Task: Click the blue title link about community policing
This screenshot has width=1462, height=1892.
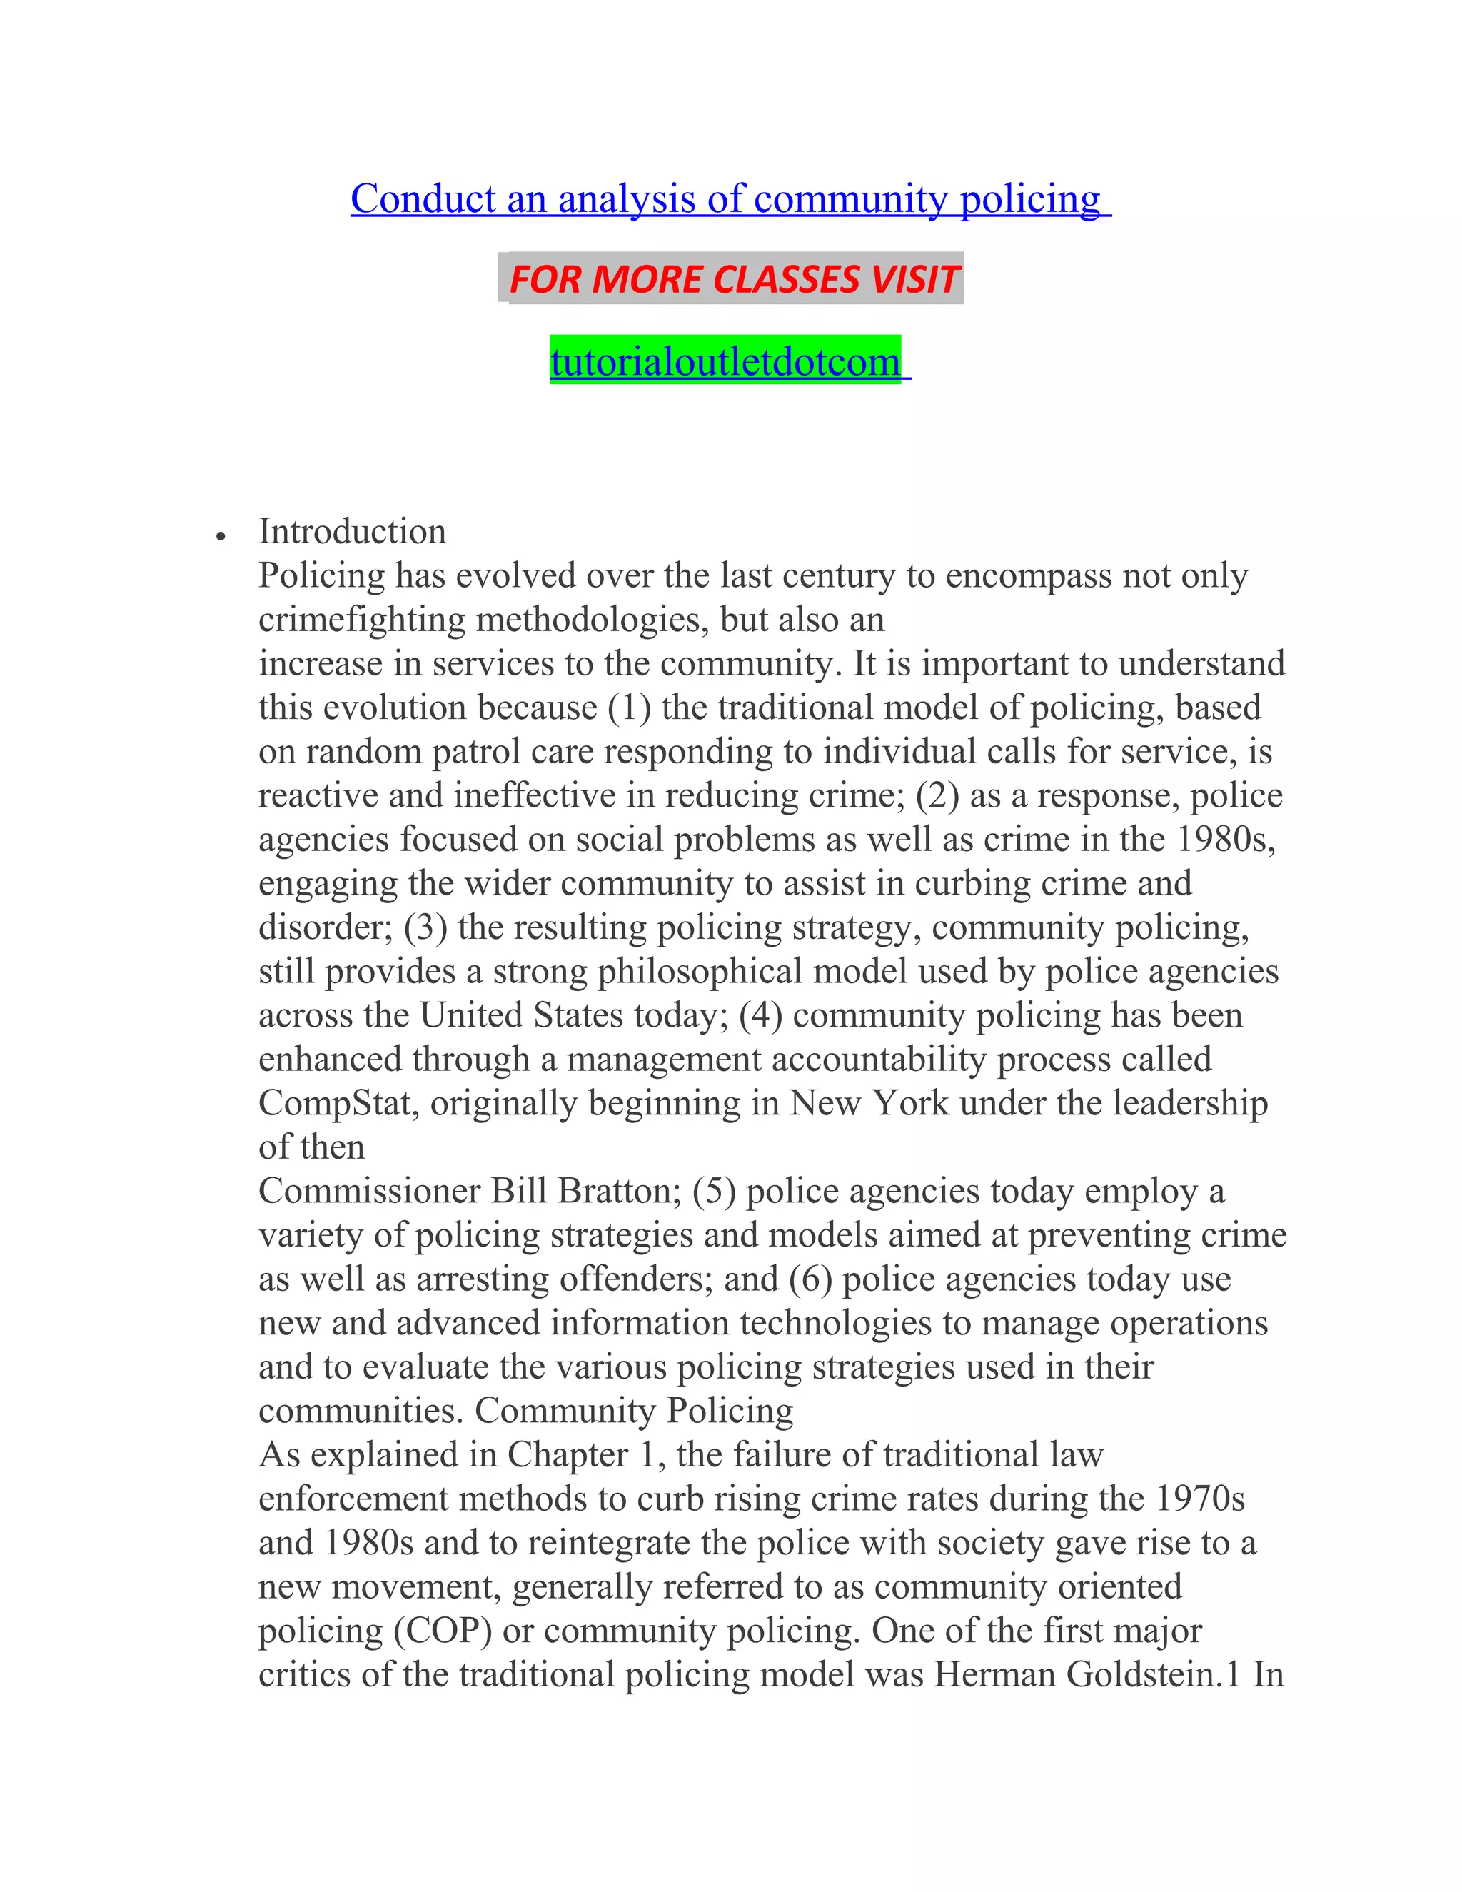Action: [x=730, y=199]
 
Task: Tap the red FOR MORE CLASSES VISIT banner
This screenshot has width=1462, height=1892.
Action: [x=732, y=279]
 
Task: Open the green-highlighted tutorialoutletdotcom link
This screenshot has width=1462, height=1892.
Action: [x=726, y=361]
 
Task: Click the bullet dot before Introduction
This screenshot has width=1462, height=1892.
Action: [x=222, y=537]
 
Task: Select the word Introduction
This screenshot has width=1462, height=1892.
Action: [x=353, y=532]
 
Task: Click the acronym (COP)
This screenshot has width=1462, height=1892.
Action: [x=443, y=1631]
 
